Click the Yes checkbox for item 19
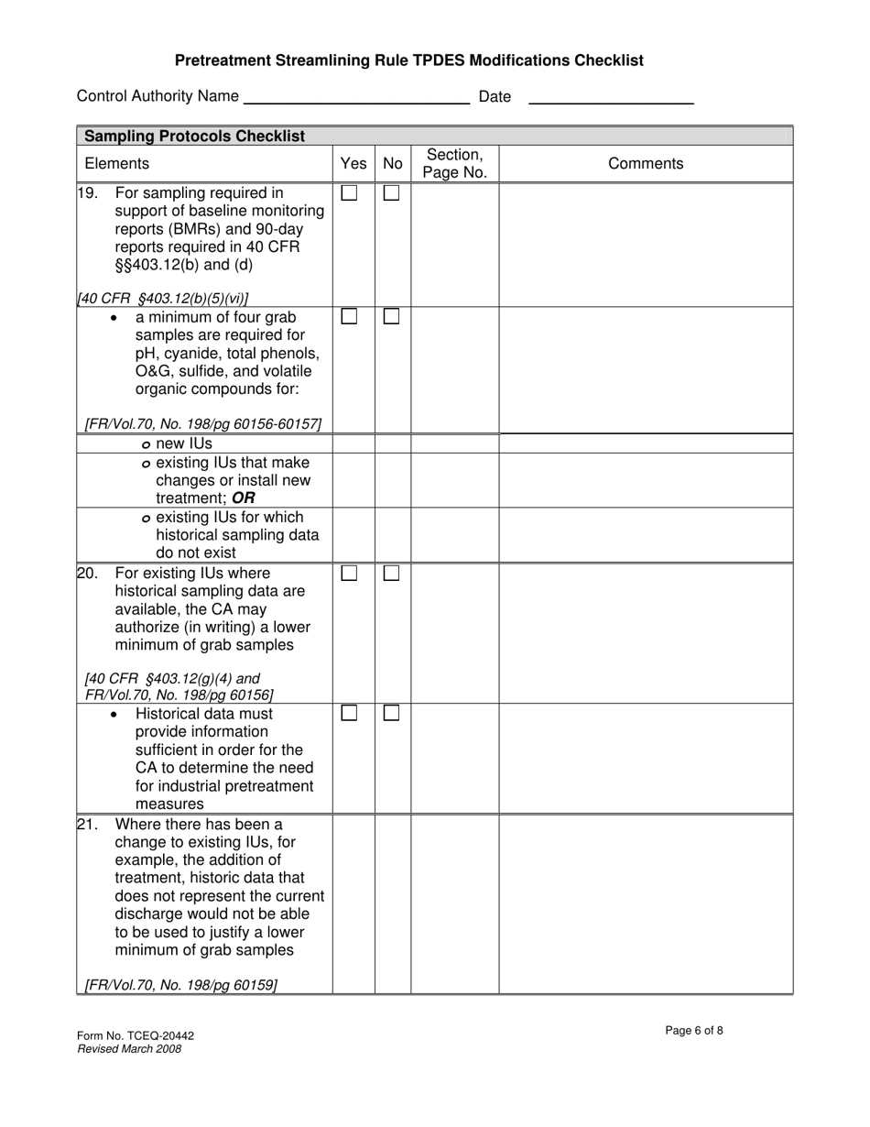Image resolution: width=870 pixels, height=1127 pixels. pos(349,193)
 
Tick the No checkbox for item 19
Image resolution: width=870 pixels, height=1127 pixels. pos(391,193)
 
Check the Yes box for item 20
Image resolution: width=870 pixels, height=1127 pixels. pos(349,574)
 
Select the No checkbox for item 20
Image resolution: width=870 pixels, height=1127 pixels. pos(391,574)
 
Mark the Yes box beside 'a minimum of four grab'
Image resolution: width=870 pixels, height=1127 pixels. pos(349,316)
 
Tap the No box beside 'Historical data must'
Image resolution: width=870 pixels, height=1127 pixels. pos(391,713)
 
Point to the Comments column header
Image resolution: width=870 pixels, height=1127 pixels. pos(646,164)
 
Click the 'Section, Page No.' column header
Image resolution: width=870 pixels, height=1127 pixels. pos(454,164)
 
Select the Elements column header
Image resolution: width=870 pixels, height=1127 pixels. pos(116,164)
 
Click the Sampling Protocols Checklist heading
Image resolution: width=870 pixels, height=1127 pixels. pos(194,137)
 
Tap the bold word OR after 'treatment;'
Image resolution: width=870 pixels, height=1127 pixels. pos(244,498)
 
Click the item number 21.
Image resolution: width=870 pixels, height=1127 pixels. pos(87,824)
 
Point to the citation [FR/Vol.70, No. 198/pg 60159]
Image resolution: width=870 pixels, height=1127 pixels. pos(180,985)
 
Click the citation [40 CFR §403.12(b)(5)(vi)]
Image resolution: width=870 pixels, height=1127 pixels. pos(163,298)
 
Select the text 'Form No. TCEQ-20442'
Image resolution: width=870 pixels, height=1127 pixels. pos(136,1036)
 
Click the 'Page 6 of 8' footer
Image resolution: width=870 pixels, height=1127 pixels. pos(694,1031)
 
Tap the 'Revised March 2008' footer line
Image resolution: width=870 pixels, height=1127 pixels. pos(129,1049)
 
